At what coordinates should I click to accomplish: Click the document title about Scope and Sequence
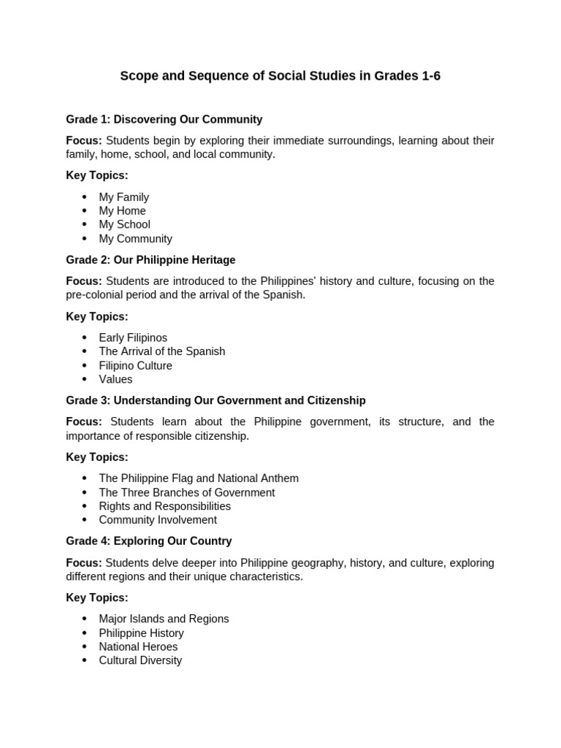280,77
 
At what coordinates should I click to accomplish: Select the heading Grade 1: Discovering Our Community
164,119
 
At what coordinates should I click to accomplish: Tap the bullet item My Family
123,197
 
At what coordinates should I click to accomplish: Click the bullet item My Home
122,211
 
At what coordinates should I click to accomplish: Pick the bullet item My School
124,225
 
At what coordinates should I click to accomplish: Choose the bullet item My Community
135,239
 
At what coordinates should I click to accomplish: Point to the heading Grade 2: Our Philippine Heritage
150,260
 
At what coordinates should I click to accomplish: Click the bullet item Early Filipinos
133,337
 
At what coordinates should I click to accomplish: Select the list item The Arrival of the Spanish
161,351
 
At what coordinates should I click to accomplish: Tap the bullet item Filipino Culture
135,365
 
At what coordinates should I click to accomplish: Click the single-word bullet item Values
115,379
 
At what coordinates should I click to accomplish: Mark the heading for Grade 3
215,400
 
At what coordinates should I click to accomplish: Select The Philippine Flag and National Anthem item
199,478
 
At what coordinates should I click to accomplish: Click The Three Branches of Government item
187,492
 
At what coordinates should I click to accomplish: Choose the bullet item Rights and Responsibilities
164,506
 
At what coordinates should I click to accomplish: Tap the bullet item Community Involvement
158,520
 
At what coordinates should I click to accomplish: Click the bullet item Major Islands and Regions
164,619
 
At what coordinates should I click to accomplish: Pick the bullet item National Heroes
138,646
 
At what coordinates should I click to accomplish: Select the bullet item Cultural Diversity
140,660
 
